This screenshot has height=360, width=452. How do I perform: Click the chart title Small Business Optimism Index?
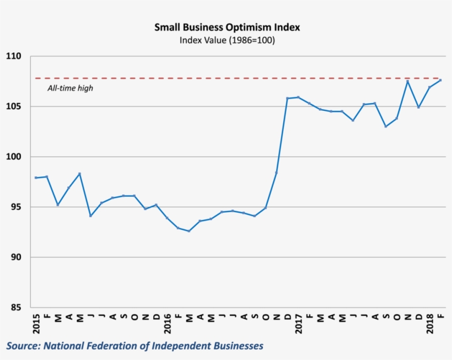227,27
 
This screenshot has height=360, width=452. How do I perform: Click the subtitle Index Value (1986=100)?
227,40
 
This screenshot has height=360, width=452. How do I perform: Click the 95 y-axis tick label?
15,207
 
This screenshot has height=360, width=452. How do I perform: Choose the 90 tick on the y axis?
15,257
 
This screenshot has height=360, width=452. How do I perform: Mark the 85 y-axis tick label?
15,308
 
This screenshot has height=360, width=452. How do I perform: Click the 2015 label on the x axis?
36,323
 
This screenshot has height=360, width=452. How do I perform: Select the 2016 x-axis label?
167,323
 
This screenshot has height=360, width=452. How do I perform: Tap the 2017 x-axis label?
298,323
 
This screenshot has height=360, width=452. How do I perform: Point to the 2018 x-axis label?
429,323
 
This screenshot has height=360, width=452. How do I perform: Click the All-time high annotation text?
70,88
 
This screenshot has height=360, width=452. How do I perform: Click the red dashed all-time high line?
220,78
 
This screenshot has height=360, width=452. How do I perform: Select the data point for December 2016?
287,98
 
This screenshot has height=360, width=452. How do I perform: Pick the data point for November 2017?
407,82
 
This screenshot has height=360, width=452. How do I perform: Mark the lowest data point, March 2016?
189,231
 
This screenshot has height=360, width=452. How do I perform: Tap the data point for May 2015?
80,174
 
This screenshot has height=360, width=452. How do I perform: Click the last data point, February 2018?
440,80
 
